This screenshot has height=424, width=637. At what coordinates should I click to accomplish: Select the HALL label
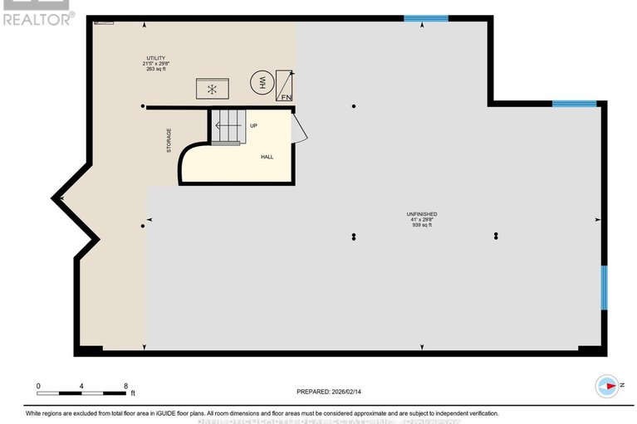[267, 156]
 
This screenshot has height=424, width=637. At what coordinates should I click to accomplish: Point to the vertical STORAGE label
[169, 140]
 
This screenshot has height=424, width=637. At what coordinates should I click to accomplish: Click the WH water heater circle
[258, 84]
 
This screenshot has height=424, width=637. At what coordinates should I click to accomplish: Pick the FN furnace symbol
[285, 86]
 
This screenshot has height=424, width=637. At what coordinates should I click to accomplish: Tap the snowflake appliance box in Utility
[211, 88]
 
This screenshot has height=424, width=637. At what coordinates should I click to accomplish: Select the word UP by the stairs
[254, 126]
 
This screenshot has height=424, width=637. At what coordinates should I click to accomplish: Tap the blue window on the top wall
[426, 18]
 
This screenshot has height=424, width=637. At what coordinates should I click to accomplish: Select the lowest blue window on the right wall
[604, 287]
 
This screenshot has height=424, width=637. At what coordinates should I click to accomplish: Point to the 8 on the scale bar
[125, 386]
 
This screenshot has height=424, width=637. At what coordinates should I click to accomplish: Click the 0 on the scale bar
[38, 386]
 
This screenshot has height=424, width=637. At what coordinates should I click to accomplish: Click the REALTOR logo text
[38, 17]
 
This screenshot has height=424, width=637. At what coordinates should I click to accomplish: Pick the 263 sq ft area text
[152, 69]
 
